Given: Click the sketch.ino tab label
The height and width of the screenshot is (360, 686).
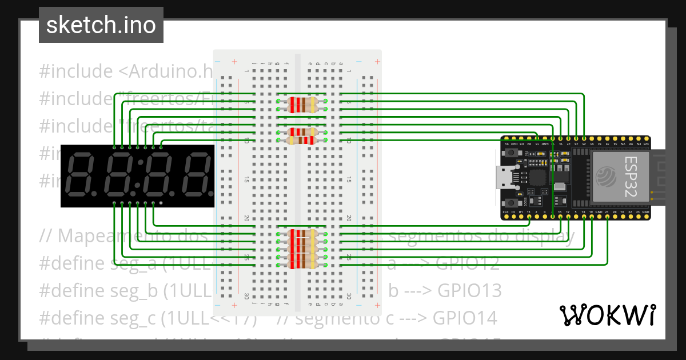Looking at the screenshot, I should (101, 26).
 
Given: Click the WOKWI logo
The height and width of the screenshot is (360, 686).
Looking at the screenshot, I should (607, 315).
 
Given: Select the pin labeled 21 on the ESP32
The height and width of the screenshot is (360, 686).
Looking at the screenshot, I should (607, 213).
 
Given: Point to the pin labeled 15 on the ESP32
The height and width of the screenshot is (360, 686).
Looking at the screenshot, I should (529, 213).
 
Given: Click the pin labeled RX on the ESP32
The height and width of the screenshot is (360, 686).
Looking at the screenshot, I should (615, 213).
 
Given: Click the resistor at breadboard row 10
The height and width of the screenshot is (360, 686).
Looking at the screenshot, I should (301, 140).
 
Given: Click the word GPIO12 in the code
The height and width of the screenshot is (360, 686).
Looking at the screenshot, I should (467, 263).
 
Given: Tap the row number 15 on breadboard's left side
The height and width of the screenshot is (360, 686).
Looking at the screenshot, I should (246, 179).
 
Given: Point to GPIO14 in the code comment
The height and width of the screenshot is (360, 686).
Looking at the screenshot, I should (465, 317).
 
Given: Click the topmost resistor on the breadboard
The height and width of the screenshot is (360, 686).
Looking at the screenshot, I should (301, 101).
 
